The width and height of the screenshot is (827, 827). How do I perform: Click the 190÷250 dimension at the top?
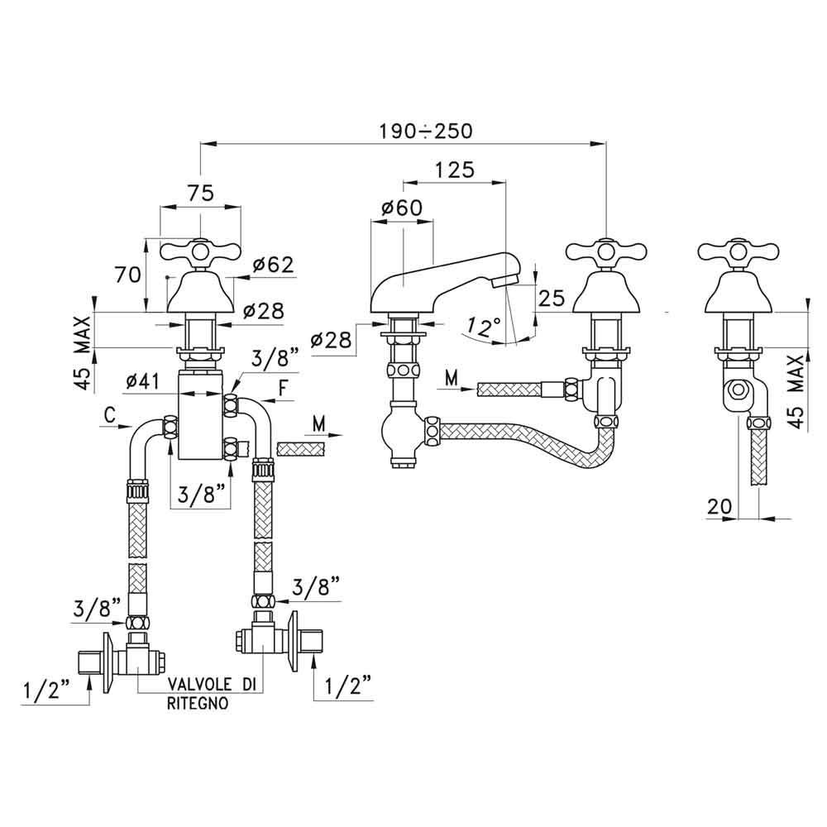tap(425, 131)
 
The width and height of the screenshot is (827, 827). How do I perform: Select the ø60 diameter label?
tap(401, 209)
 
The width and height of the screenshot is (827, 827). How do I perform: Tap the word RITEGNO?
tap(195, 704)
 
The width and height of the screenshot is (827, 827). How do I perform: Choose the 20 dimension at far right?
tap(719, 505)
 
